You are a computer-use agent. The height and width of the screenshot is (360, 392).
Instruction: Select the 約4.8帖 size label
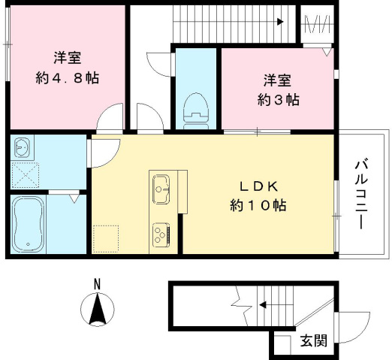click(x=68, y=77)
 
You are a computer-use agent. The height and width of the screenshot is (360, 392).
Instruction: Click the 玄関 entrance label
click(x=314, y=340)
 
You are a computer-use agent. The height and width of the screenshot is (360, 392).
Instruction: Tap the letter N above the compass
click(x=96, y=284)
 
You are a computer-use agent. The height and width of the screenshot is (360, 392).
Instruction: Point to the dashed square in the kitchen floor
click(x=105, y=237)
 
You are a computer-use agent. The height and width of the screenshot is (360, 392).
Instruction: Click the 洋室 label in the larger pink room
click(x=68, y=57)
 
